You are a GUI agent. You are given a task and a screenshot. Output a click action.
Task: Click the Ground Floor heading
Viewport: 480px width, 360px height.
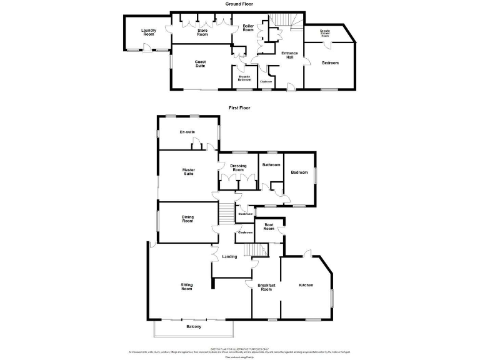click(239, 4)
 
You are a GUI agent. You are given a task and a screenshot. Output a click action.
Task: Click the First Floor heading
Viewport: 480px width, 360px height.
click(239, 107)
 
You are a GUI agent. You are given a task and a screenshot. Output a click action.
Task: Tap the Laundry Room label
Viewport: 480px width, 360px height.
click(148, 32)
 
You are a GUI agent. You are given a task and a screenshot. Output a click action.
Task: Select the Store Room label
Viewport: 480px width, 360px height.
click(202, 32)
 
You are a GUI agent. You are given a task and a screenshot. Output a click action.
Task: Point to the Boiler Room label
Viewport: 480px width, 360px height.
click(248, 28)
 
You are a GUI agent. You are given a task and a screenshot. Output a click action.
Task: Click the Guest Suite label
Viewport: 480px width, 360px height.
click(200, 64)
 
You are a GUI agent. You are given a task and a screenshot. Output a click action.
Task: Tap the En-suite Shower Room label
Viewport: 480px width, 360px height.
click(325, 34)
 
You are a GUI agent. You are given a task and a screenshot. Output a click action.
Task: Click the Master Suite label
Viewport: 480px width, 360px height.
click(188, 171)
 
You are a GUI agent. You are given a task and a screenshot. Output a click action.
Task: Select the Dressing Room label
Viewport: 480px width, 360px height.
click(237, 167)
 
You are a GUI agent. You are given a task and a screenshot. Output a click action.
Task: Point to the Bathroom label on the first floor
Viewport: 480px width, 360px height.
click(271, 164)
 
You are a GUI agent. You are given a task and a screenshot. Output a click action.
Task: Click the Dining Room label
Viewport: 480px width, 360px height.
click(187, 219)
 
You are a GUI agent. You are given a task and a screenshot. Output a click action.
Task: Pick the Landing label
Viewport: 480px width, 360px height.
click(229, 256)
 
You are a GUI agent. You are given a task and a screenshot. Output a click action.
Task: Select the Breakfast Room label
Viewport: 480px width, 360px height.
click(266, 287)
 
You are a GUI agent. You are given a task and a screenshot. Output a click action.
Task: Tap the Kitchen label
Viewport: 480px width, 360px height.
click(306, 285)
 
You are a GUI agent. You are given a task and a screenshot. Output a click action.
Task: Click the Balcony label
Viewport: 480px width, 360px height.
click(194, 326)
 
